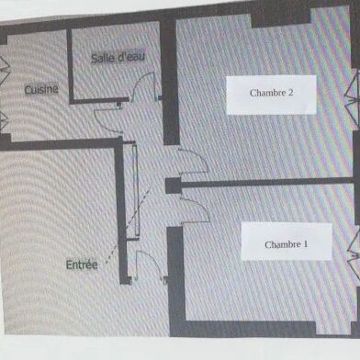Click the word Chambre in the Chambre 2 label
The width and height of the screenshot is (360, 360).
266,93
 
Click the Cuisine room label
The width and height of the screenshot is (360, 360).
41,89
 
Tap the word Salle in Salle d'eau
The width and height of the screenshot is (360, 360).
103,58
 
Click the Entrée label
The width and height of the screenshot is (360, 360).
82,264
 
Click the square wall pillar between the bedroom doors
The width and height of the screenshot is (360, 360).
172,185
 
